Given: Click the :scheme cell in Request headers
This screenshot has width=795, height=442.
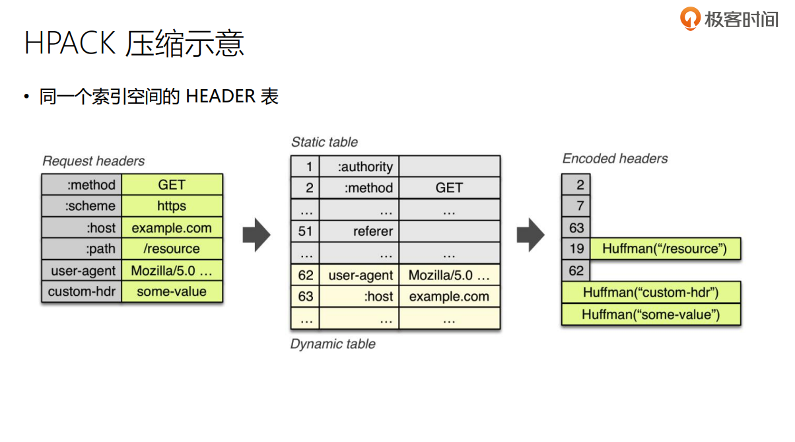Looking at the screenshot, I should [82, 206].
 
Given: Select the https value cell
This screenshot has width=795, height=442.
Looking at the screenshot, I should [172, 206].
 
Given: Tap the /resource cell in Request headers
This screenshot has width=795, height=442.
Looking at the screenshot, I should [172, 249].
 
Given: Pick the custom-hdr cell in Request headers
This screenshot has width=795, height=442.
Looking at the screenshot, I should [82, 291].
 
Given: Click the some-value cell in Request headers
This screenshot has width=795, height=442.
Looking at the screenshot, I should [172, 291].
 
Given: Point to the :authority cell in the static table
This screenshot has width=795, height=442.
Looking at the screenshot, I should [360, 167].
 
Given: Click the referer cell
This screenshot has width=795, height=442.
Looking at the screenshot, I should [360, 231].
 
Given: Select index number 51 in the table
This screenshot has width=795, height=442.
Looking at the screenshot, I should [305, 231].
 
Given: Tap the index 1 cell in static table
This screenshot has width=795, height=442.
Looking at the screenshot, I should [305, 167].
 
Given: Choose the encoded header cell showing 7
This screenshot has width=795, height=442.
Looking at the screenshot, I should [576, 206].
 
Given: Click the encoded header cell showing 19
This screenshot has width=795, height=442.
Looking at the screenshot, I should [576, 249].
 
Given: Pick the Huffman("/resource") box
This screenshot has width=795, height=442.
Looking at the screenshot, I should [664, 249].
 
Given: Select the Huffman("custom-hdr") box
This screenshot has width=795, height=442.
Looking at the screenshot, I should [650, 292].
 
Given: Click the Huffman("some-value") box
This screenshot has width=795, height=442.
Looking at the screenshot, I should [650, 314].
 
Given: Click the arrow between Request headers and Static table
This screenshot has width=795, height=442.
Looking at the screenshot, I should [256, 235].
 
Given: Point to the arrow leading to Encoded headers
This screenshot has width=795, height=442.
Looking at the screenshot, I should [530, 235].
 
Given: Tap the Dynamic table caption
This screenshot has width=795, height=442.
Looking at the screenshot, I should [333, 344].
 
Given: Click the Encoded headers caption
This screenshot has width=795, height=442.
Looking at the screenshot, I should [615, 159].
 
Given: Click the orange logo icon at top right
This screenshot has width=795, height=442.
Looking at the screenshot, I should [690, 18].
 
